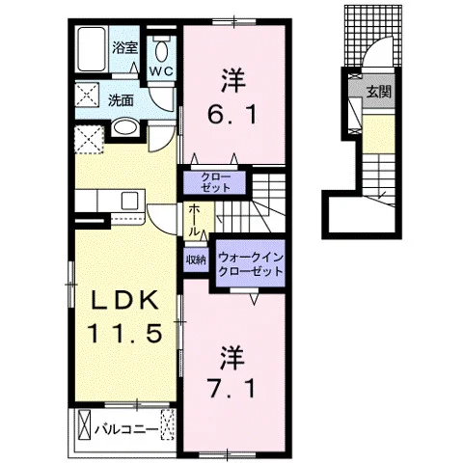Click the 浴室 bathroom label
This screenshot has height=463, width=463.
tap(124, 48)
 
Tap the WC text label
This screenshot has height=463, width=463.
tap(162, 71)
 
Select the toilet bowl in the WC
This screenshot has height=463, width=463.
tap(161, 50)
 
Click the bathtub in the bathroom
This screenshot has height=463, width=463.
tap(93, 49)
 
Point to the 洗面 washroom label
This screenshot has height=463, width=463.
tap(121, 100)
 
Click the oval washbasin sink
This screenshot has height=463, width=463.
tap(125, 127)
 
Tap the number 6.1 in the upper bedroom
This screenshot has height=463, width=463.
tap(232, 115)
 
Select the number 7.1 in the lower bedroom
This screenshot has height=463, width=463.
tap(232, 389)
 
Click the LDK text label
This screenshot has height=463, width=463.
tap(125, 301)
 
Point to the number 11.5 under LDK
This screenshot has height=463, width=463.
tap(125, 333)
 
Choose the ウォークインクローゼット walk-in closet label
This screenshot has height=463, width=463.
tap(251, 264)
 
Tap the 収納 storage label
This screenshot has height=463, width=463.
tap(196, 259)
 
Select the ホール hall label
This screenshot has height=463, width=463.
tap(193, 221)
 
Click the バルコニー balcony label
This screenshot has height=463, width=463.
tap(127, 429)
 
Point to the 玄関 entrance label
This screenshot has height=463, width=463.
tap(379, 93)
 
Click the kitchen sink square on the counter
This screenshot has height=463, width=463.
tap(130, 201)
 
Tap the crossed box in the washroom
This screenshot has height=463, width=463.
tap(87, 95)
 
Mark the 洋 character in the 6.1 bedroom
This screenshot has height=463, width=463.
tap(232, 81)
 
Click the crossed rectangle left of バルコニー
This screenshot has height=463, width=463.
tap(85, 424)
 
